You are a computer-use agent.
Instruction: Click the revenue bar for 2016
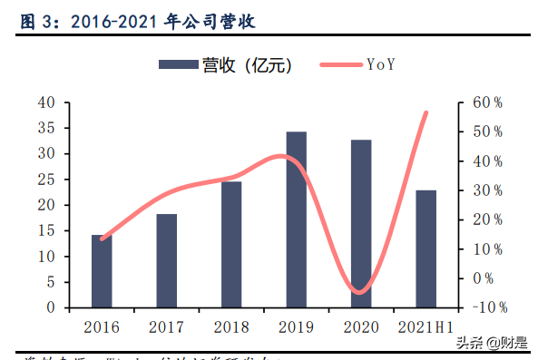coord(102,271)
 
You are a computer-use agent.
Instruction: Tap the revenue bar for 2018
coord(231,245)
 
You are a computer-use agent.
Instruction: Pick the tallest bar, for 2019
coord(296,219)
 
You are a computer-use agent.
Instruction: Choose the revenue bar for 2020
coord(361,224)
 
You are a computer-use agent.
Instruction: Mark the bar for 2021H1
coord(426,249)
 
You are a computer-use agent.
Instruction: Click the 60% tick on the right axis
coord(480,102)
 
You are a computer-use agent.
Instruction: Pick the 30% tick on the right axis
coord(480,190)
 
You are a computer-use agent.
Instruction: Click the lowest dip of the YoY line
coord(360,292)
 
